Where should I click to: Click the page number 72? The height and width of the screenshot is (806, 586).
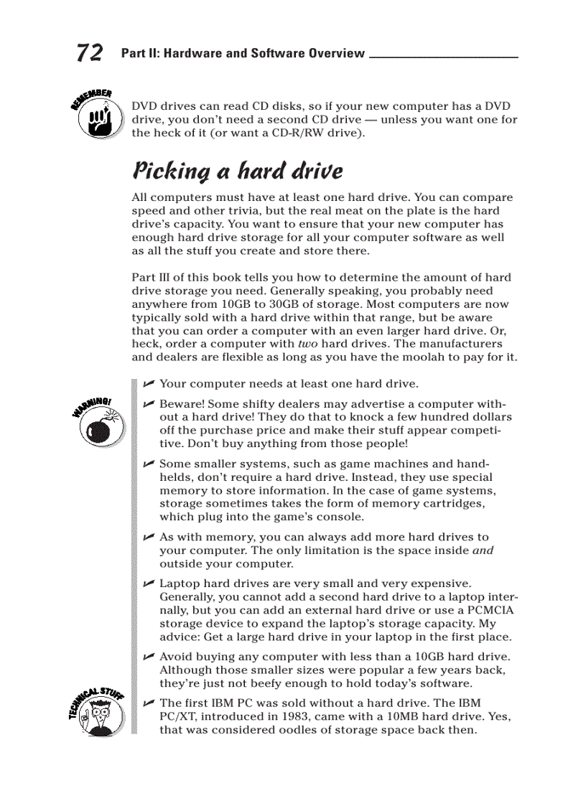tap(89, 53)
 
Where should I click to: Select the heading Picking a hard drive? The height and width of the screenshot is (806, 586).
tap(237, 171)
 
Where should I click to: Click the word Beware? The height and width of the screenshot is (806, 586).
tap(181, 404)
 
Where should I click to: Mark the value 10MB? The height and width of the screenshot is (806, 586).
tap(404, 716)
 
